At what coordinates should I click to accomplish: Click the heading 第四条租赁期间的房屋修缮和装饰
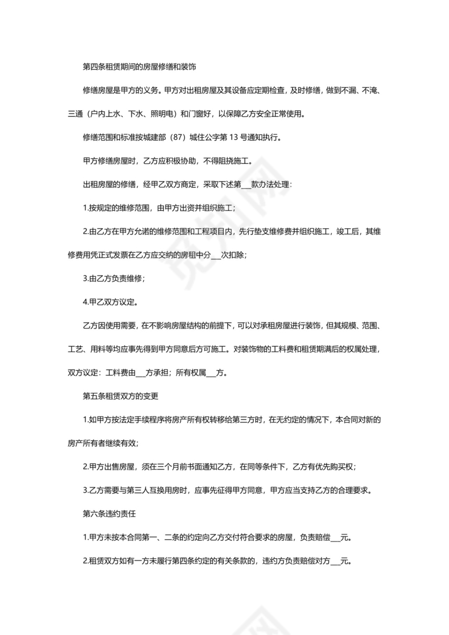pyautogui.click(x=139, y=68)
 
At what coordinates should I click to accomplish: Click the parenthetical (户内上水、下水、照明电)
pyautogui.click(x=132, y=114)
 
